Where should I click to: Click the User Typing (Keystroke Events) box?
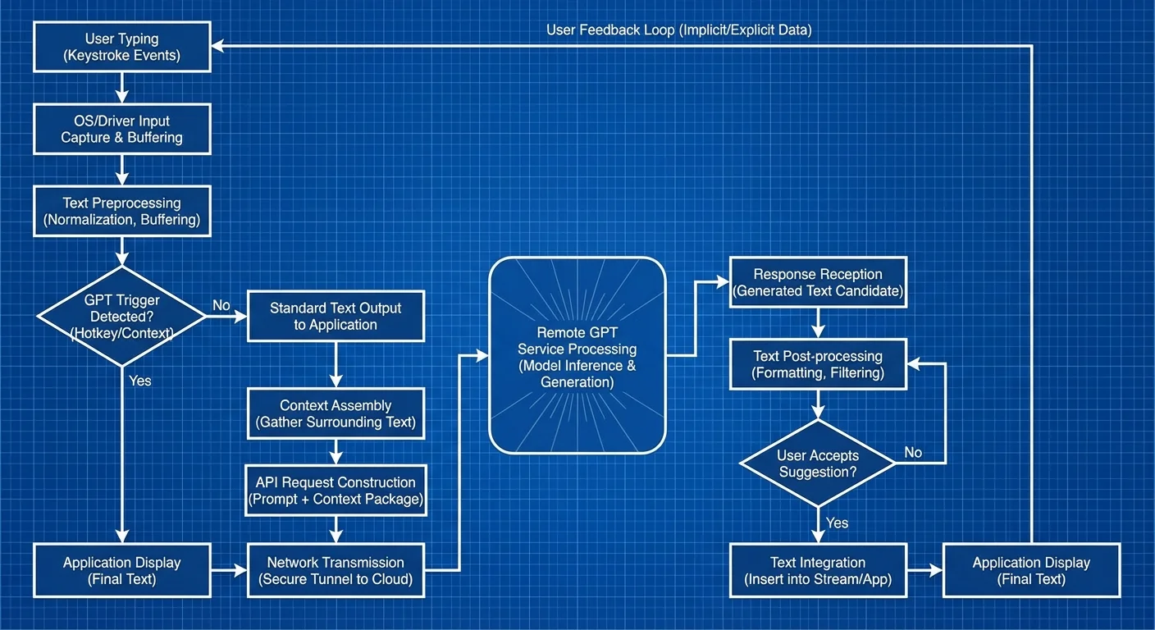pyautogui.click(x=122, y=48)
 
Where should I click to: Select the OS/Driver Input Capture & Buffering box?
pyautogui.click(x=122, y=130)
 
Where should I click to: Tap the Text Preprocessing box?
pyautogui.click(x=122, y=212)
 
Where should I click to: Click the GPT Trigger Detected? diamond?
pyautogui.click(x=122, y=317)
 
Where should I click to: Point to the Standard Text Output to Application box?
pyautogui.click(x=336, y=317)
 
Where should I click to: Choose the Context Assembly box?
pyautogui.click(x=336, y=414)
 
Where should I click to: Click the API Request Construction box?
pyautogui.click(x=336, y=491)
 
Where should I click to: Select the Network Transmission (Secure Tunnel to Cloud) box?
pyautogui.click(x=336, y=571)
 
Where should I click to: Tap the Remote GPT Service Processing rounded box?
pyautogui.click(x=577, y=356)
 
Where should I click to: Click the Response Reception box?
pyautogui.click(x=818, y=282)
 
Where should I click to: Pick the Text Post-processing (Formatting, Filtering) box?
pyautogui.click(x=818, y=364)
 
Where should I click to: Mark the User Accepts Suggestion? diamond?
pyautogui.click(x=818, y=464)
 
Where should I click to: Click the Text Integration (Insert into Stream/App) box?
pyautogui.click(x=818, y=571)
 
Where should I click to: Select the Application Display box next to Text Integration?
pyautogui.click(x=1031, y=571)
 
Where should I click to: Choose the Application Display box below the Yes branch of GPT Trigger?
pyautogui.click(x=122, y=571)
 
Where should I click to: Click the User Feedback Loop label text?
pyautogui.click(x=678, y=30)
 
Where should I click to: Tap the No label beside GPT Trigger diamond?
pyautogui.click(x=221, y=305)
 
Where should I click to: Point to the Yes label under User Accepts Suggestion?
pyautogui.click(x=838, y=523)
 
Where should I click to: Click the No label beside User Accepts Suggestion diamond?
pyautogui.click(x=913, y=453)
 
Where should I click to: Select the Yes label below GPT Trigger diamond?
pyautogui.click(x=140, y=381)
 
